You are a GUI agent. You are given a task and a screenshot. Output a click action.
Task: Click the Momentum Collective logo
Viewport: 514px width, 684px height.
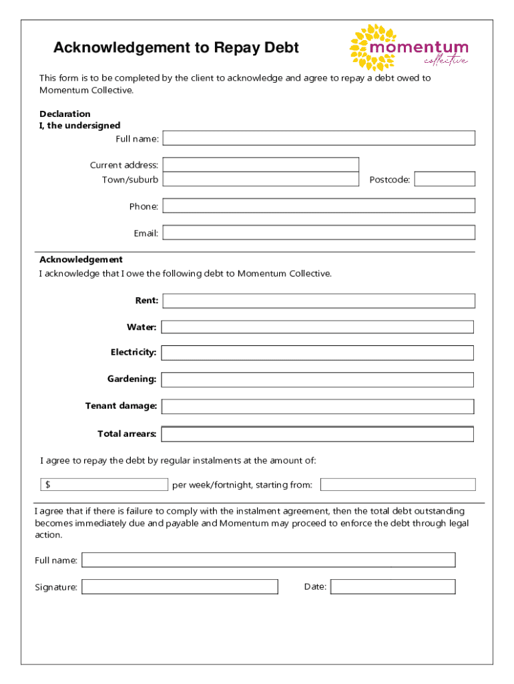pos(409,47)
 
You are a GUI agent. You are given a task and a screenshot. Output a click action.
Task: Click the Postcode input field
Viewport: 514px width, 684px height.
pos(445,179)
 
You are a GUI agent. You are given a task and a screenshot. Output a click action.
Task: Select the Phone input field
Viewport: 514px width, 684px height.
pos(318,206)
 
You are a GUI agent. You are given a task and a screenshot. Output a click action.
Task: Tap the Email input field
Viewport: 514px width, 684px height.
pos(318,232)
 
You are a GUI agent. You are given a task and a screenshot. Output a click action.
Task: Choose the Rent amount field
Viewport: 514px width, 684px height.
pos(318,301)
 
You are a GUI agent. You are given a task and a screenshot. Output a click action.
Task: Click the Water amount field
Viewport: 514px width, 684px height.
pos(317,327)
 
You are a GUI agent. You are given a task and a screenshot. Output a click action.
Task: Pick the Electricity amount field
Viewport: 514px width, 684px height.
pos(317,353)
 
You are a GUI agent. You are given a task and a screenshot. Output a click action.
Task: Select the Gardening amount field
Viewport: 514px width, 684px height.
pos(317,379)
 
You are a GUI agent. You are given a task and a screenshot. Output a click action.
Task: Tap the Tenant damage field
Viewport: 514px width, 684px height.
pos(317,406)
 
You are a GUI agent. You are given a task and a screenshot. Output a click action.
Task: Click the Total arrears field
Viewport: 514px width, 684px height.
pos(317,434)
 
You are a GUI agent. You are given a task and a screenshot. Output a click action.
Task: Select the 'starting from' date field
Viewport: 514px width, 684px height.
pos(398,484)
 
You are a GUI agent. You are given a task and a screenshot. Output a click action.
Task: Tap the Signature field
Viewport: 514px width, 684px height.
pos(180,587)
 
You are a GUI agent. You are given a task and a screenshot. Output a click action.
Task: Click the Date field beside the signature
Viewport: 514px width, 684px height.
pos(393,587)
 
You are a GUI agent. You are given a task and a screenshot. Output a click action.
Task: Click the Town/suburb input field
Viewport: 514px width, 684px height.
pos(260,179)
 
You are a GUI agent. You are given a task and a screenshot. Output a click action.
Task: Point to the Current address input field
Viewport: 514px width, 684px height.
pos(260,164)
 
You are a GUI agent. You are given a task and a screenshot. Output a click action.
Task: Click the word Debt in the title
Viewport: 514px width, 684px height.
pos(280,48)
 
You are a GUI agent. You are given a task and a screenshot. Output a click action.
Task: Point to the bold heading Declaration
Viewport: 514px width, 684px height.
pos(65,114)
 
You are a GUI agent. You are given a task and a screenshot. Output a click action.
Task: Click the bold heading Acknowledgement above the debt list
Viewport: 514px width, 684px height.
pos(81,259)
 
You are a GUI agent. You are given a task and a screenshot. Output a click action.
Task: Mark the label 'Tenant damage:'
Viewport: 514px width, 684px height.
pos(121,406)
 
